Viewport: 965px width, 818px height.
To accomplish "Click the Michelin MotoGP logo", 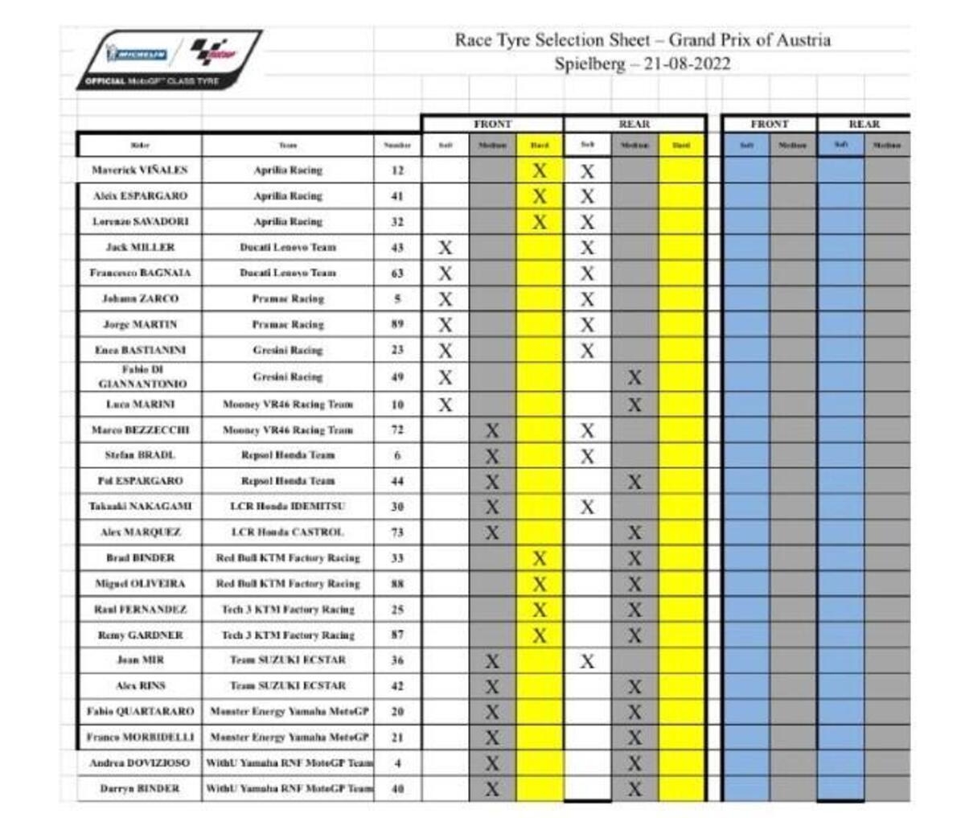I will (169, 59).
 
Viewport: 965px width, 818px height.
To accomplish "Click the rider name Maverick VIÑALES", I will (139, 171).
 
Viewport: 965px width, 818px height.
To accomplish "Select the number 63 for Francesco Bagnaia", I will (397, 273).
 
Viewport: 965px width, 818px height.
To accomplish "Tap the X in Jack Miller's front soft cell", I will (446, 248).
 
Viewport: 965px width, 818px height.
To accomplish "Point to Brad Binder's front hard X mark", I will (540, 558).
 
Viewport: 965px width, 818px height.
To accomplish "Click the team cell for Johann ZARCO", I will (288, 299).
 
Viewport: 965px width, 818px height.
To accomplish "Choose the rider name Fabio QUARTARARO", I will (140, 712).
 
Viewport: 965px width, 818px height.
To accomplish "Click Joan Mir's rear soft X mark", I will (588, 661).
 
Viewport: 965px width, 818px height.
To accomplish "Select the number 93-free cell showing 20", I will (397, 712).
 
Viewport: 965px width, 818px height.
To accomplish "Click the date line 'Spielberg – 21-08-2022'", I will (643, 65).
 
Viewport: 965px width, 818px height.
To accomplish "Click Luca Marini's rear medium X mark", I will (634, 405).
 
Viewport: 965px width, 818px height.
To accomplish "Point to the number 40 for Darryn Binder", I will (397, 789).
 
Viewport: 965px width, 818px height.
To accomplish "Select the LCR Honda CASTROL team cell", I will (288, 532).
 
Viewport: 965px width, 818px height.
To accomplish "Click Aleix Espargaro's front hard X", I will (540, 196).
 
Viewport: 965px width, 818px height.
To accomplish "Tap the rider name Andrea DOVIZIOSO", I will (140, 763).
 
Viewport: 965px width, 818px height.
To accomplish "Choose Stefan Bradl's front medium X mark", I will (492, 456).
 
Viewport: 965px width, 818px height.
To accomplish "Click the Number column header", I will (397, 146).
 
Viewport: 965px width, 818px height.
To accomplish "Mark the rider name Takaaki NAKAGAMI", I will (140, 507).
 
